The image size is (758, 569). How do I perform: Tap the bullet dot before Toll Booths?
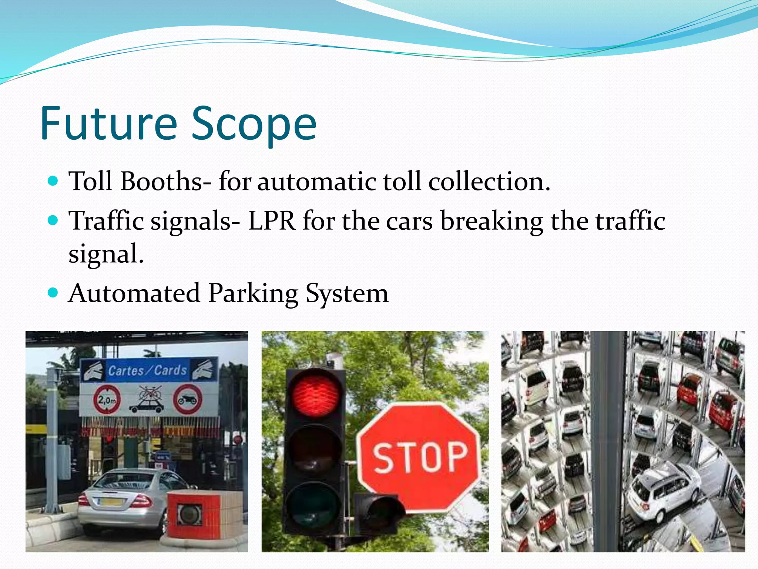click(53, 181)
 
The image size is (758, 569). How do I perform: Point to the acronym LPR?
click(272, 221)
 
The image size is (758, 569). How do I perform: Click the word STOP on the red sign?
click(420, 458)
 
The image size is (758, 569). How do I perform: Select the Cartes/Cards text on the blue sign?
click(147, 370)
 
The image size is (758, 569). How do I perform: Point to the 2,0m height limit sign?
click(107, 400)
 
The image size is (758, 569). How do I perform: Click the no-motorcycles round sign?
click(188, 400)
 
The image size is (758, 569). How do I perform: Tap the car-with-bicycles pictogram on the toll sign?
click(147, 399)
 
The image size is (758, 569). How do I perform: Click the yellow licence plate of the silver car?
click(111, 503)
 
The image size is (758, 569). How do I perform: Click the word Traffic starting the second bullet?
click(107, 221)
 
